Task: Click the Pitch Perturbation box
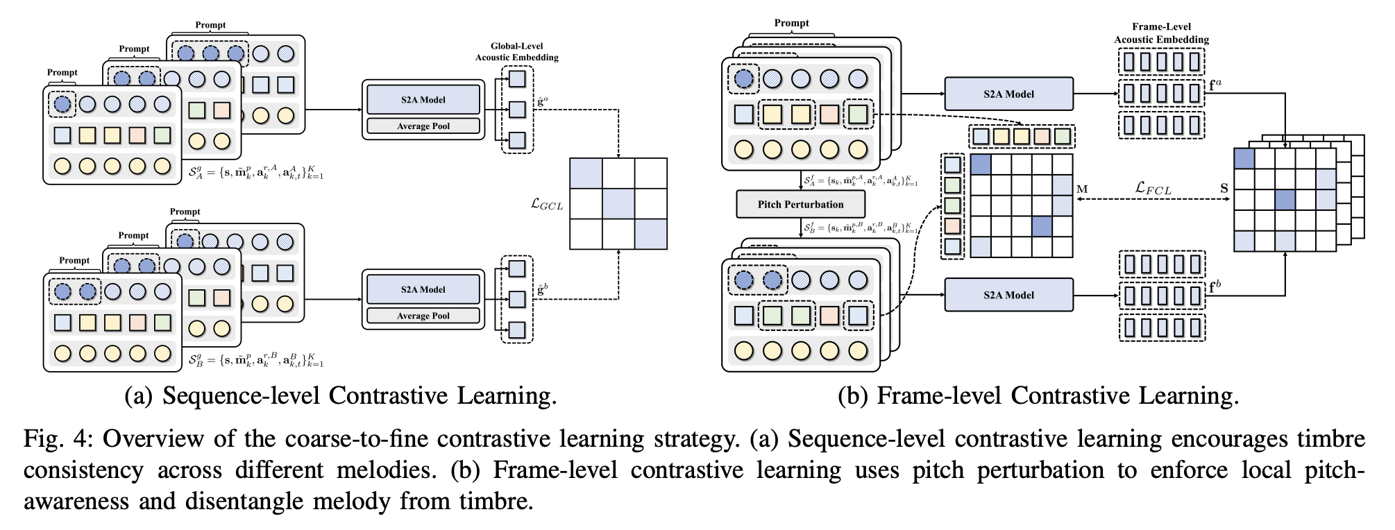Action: [800, 205]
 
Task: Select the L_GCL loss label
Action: [547, 205]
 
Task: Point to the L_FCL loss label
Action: [1153, 188]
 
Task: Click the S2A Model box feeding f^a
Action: [1008, 94]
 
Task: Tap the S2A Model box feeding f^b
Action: [1008, 296]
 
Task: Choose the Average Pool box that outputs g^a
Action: [423, 126]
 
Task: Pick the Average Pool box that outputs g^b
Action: [423, 316]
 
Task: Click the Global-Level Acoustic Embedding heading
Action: [516, 52]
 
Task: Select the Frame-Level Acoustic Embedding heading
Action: [1161, 33]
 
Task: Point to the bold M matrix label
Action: [1082, 189]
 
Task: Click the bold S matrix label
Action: [1224, 188]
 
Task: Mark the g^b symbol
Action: [541, 287]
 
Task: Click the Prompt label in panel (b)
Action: [791, 23]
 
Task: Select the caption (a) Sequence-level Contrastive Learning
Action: [340, 395]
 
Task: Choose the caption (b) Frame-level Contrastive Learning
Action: [1038, 395]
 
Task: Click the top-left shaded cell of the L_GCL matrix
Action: [586, 173]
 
